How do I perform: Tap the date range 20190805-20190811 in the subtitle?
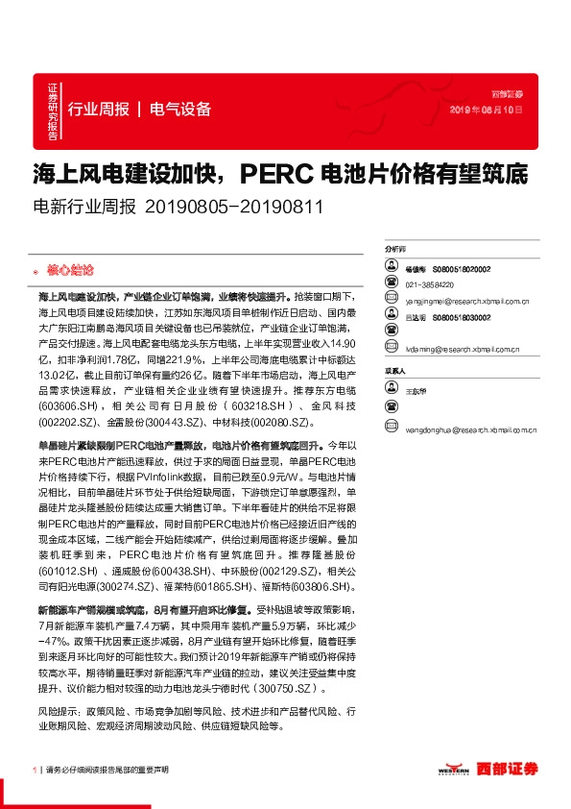click(x=235, y=207)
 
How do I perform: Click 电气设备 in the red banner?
click(x=180, y=109)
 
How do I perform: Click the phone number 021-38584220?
click(x=429, y=285)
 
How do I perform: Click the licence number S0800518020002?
click(x=461, y=271)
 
